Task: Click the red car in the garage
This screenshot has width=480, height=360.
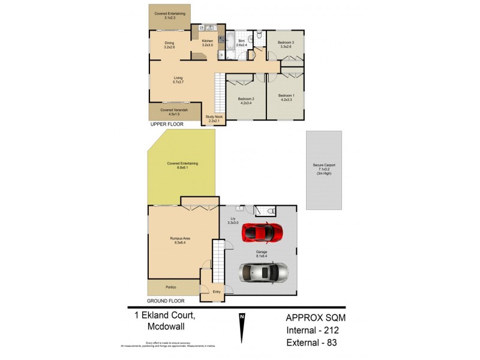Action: click(262, 232)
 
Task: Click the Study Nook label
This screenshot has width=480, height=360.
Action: click(214, 118)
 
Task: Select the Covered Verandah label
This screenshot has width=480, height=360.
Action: click(173, 112)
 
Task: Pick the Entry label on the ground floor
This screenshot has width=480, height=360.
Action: click(217, 292)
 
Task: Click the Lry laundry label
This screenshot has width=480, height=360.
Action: click(232, 221)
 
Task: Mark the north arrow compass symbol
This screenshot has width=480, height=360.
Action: click(242, 330)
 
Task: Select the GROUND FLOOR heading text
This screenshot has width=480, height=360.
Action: click(166, 301)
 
